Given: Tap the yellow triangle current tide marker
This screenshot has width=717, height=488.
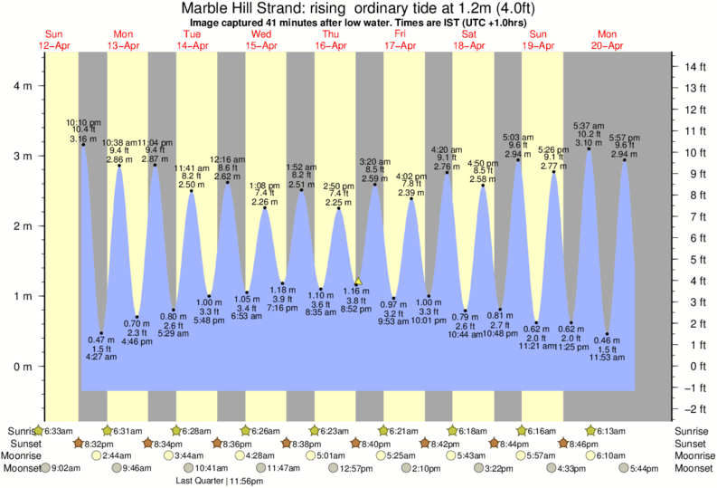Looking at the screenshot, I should pos(358,282).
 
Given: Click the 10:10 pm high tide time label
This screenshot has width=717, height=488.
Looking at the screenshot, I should pos(82,122).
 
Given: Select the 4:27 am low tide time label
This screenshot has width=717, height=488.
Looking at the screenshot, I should pos(100,357).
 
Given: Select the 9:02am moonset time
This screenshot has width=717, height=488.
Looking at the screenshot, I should pos(75,468).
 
